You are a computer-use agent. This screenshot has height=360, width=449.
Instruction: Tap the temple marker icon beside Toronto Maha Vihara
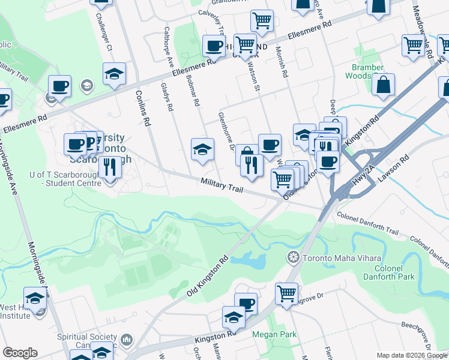pos(294,257)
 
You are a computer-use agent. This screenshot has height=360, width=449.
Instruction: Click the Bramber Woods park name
pos(367,72)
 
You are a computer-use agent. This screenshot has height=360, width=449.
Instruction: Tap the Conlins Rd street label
pos(142,107)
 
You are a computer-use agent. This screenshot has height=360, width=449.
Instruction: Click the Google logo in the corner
pos(20,353)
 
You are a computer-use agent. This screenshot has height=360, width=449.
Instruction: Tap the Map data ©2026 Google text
pos(411,355)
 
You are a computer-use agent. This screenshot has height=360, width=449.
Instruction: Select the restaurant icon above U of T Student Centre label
pos(109,166)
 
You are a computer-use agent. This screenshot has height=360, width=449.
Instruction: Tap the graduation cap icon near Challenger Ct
pos(114,74)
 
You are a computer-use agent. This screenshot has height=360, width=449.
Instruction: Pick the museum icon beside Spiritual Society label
pos(126,341)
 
